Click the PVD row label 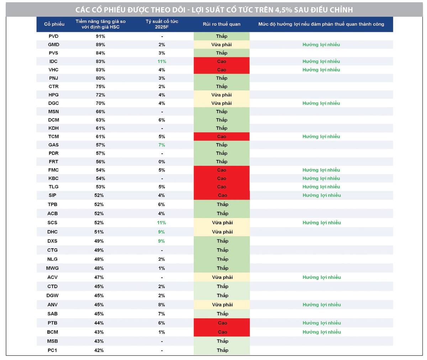point(53,36)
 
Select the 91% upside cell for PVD point(100,36)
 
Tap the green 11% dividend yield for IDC point(162,62)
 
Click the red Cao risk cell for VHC point(221,70)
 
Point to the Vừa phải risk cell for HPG point(221,95)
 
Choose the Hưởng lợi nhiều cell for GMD point(321,45)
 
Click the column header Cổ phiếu point(54,24)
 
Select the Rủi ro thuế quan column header point(221,24)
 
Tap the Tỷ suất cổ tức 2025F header point(162,24)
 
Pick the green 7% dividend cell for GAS point(162,145)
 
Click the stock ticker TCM point(53,137)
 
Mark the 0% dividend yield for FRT point(162,162)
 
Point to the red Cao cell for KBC point(221,179)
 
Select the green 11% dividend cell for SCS point(162,223)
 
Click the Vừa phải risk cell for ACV point(222,277)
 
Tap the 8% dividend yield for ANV point(162,305)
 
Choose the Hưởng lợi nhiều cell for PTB point(321,323)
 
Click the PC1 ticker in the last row point(52,350)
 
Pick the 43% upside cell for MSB point(100,341)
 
